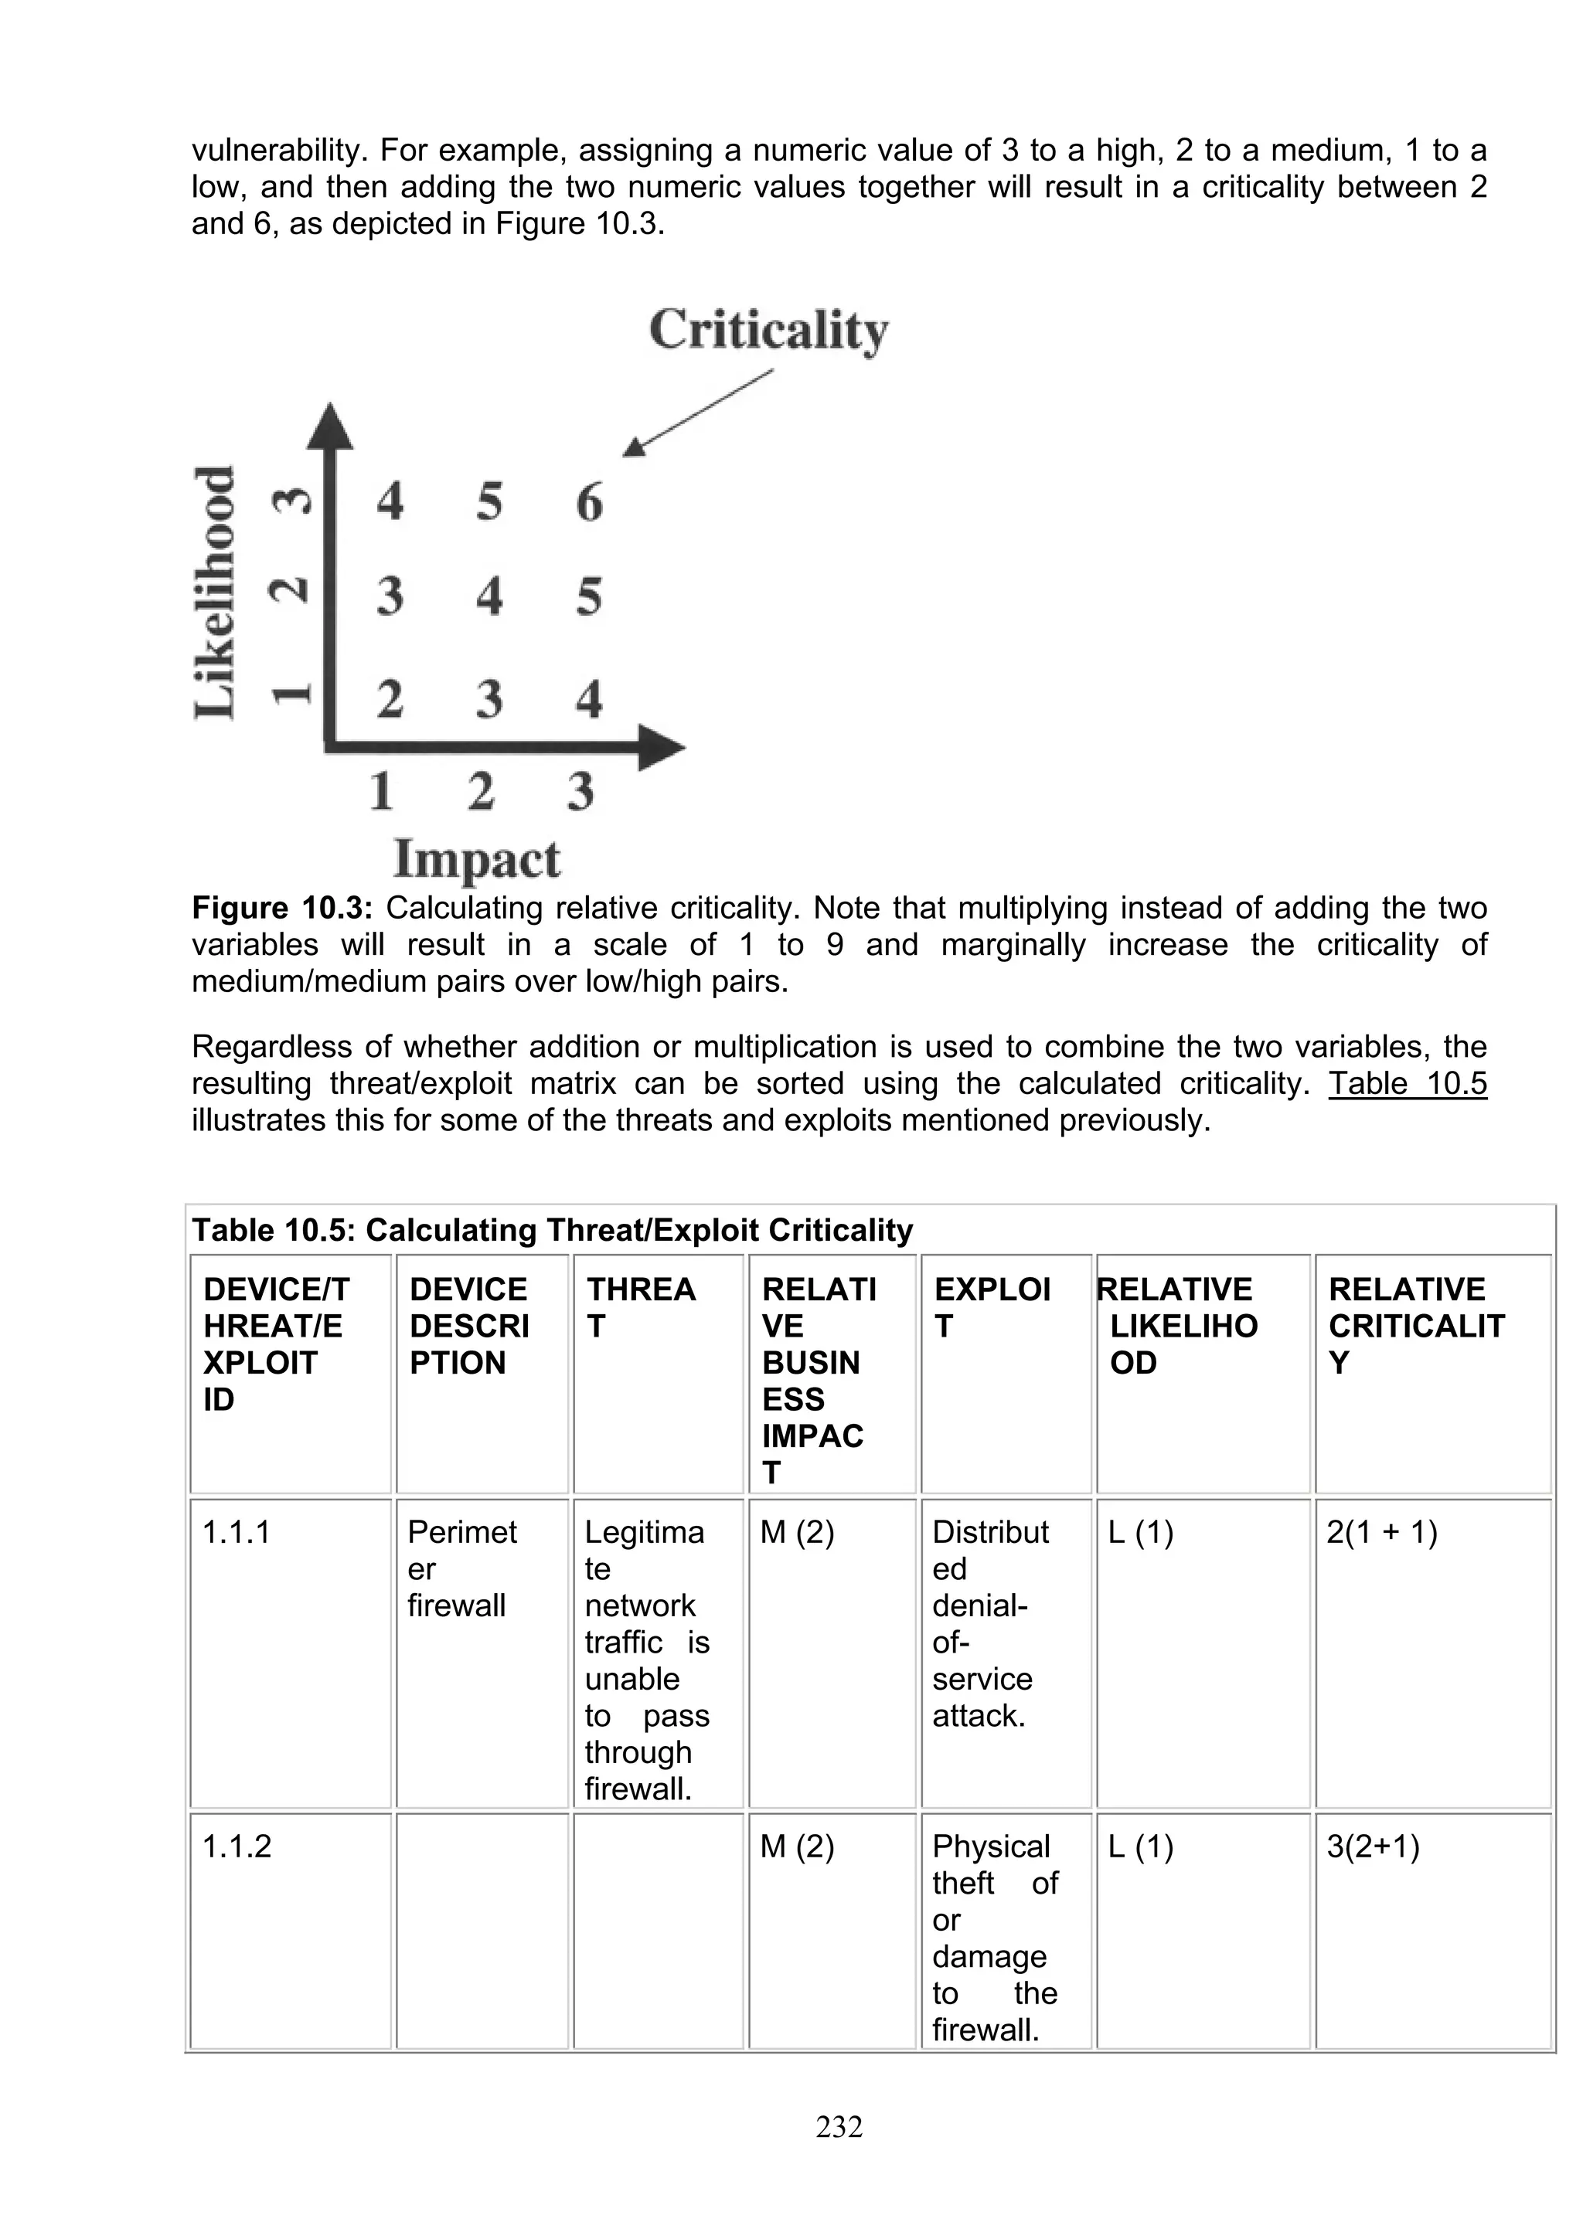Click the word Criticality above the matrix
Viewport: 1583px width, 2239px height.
point(768,331)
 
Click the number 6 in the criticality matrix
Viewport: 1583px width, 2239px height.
point(589,503)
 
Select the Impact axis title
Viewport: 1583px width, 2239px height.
point(477,860)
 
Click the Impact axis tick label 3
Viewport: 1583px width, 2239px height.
point(580,791)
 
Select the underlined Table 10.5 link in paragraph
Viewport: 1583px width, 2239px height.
point(1407,1083)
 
